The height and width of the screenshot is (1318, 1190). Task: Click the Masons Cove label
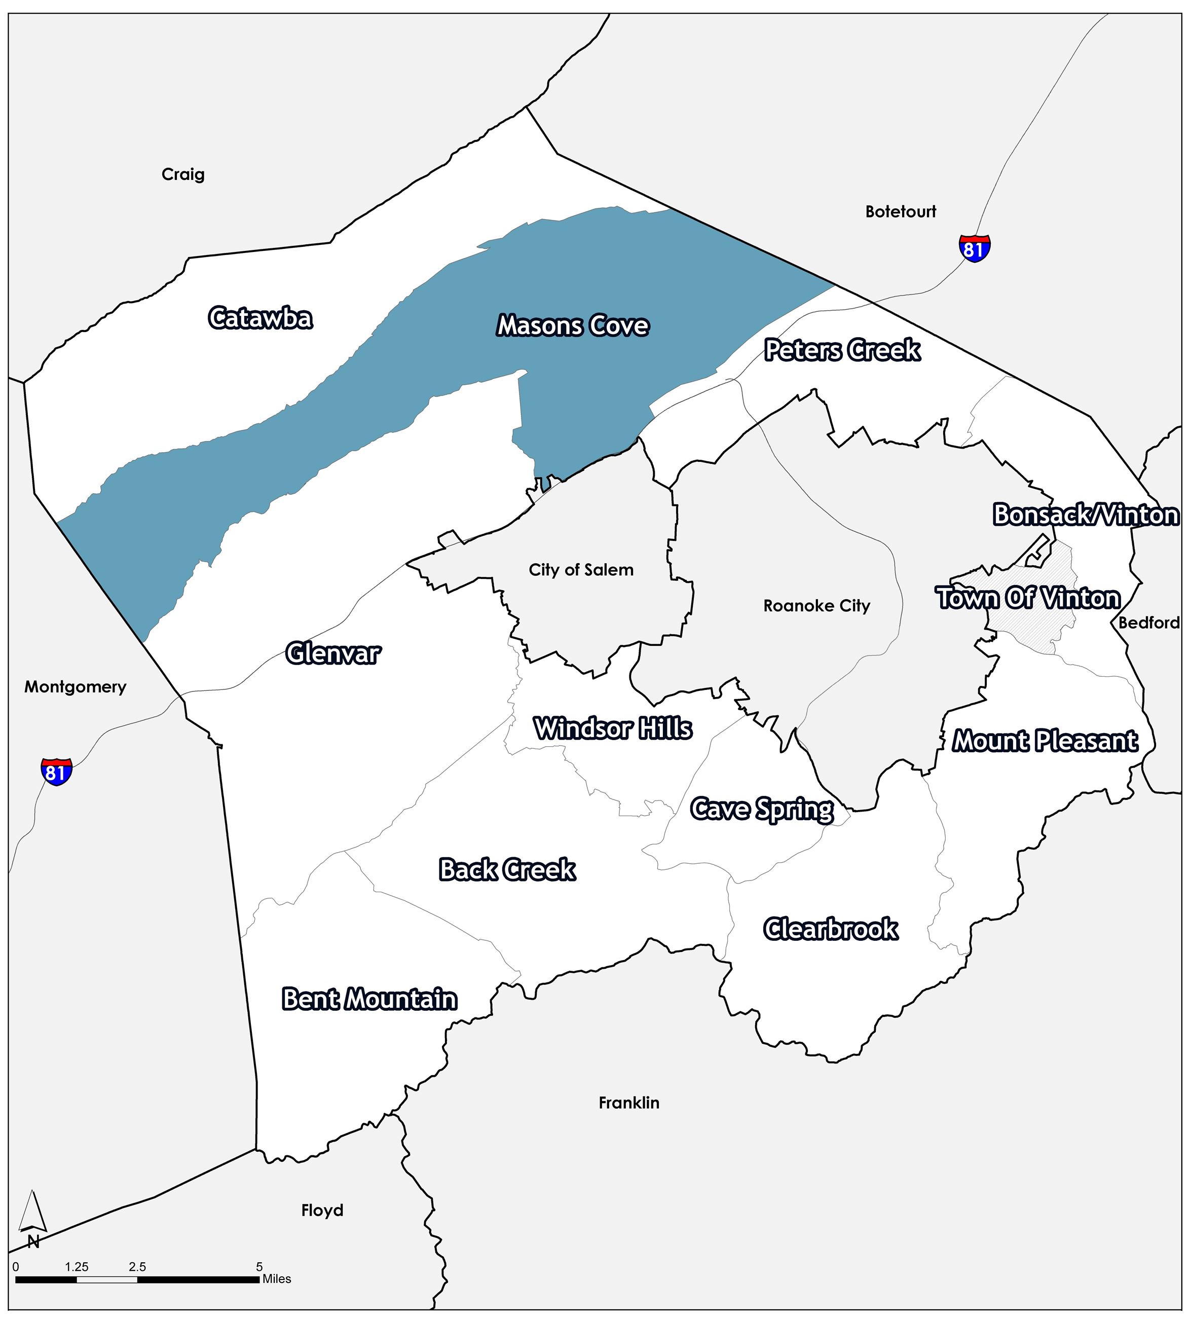coord(573,325)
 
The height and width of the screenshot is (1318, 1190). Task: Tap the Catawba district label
coord(260,318)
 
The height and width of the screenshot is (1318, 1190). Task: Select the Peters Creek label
coord(842,350)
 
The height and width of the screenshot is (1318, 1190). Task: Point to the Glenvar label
coord(332,653)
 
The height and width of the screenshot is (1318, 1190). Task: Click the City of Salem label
coord(581,570)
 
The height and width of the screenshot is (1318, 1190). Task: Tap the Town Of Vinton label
coord(1029,598)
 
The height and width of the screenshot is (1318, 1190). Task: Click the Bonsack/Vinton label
coord(1086,515)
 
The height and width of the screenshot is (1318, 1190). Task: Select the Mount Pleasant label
coord(1044,741)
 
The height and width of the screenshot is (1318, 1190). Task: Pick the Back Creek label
coord(507,869)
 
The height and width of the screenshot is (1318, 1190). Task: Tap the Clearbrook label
coord(830,929)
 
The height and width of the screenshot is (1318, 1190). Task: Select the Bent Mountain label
coord(369,999)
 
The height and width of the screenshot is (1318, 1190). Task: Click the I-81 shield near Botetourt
coord(974,248)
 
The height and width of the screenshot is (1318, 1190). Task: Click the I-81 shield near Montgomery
coord(56,772)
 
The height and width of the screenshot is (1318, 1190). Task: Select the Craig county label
coord(183,174)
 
